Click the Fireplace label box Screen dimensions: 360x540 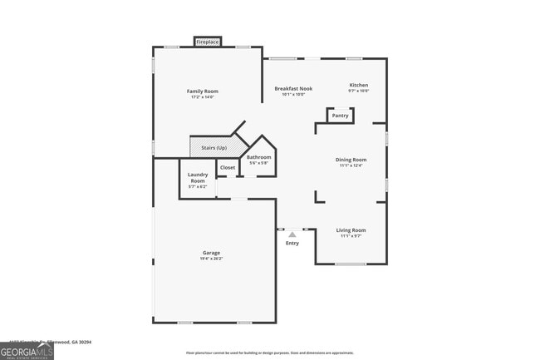pyautogui.click(x=208, y=42)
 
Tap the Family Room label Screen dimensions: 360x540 pyautogui.click(x=202, y=91)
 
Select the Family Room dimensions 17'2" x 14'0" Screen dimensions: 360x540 pyautogui.click(x=202, y=97)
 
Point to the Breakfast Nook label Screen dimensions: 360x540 pyautogui.click(x=293, y=88)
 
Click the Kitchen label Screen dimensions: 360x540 pyautogui.click(x=359, y=85)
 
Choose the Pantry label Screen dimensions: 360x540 pyautogui.click(x=340, y=116)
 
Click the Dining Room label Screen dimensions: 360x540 pyautogui.click(x=351, y=159)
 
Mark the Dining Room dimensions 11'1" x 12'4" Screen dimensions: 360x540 pyautogui.click(x=351, y=165)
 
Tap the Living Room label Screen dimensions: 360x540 pyautogui.click(x=351, y=229)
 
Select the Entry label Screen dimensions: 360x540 pyautogui.click(x=292, y=243)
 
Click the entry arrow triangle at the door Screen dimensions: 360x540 pyautogui.click(x=292, y=234)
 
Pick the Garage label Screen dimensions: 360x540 pyautogui.click(x=212, y=253)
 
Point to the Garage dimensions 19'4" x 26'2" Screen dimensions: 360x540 pyautogui.click(x=212, y=259)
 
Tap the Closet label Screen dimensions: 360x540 pyautogui.click(x=228, y=167)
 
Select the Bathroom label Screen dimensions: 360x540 pyautogui.click(x=259, y=156)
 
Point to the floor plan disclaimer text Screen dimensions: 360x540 pyautogui.click(x=269, y=353)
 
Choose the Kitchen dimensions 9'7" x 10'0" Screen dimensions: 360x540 pyautogui.click(x=359, y=91)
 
